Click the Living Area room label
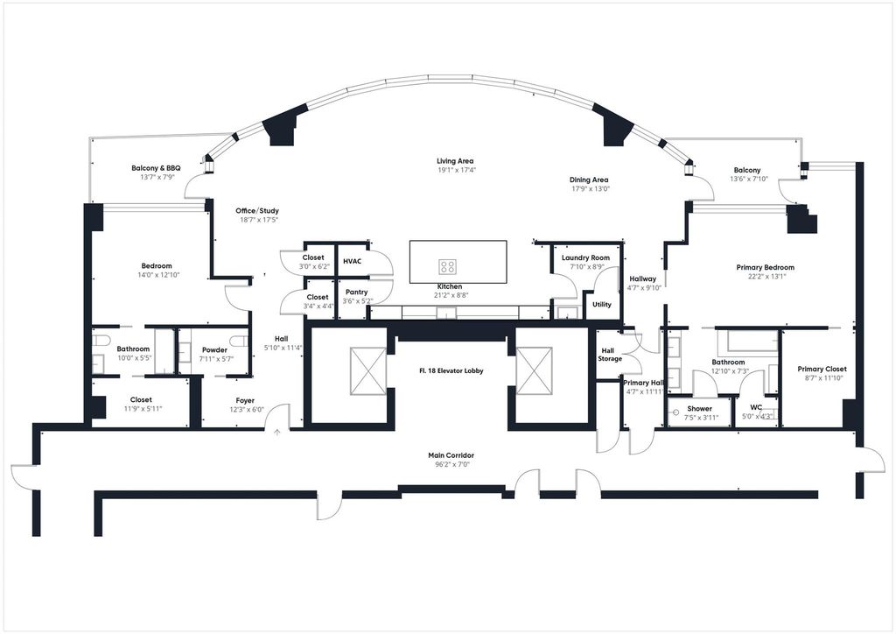pos(455,161)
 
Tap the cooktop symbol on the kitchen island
pos(447,266)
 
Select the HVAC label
pos(352,261)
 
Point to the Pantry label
pos(357,292)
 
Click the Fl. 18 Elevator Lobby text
pos(451,370)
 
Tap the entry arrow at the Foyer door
pos(277,433)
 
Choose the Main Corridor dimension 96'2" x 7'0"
pos(451,465)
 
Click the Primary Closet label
pos(822,370)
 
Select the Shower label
pos(699,409)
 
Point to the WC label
pos(756,407)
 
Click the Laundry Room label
pos(585,257)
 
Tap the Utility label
pos(602,305)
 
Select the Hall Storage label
pos(610,355)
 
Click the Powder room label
pos(215,350)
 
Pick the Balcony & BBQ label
pos(156,168)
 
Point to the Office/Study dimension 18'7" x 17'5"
pos(257,220)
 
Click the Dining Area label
pos(589,180)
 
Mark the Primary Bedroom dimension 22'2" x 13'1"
pos(765,276)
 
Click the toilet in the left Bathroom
pos(102,341)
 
